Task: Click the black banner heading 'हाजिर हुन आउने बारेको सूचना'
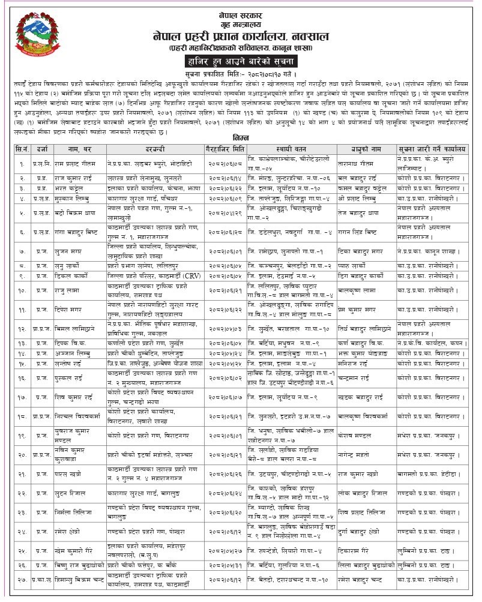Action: pos(241,61)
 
